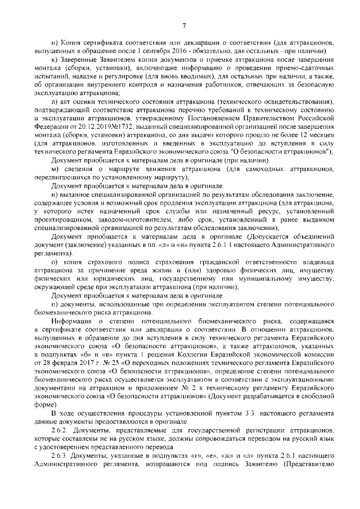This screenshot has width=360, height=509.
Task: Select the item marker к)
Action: tap(54, 60)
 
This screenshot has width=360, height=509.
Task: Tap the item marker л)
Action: tap(55, 101)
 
